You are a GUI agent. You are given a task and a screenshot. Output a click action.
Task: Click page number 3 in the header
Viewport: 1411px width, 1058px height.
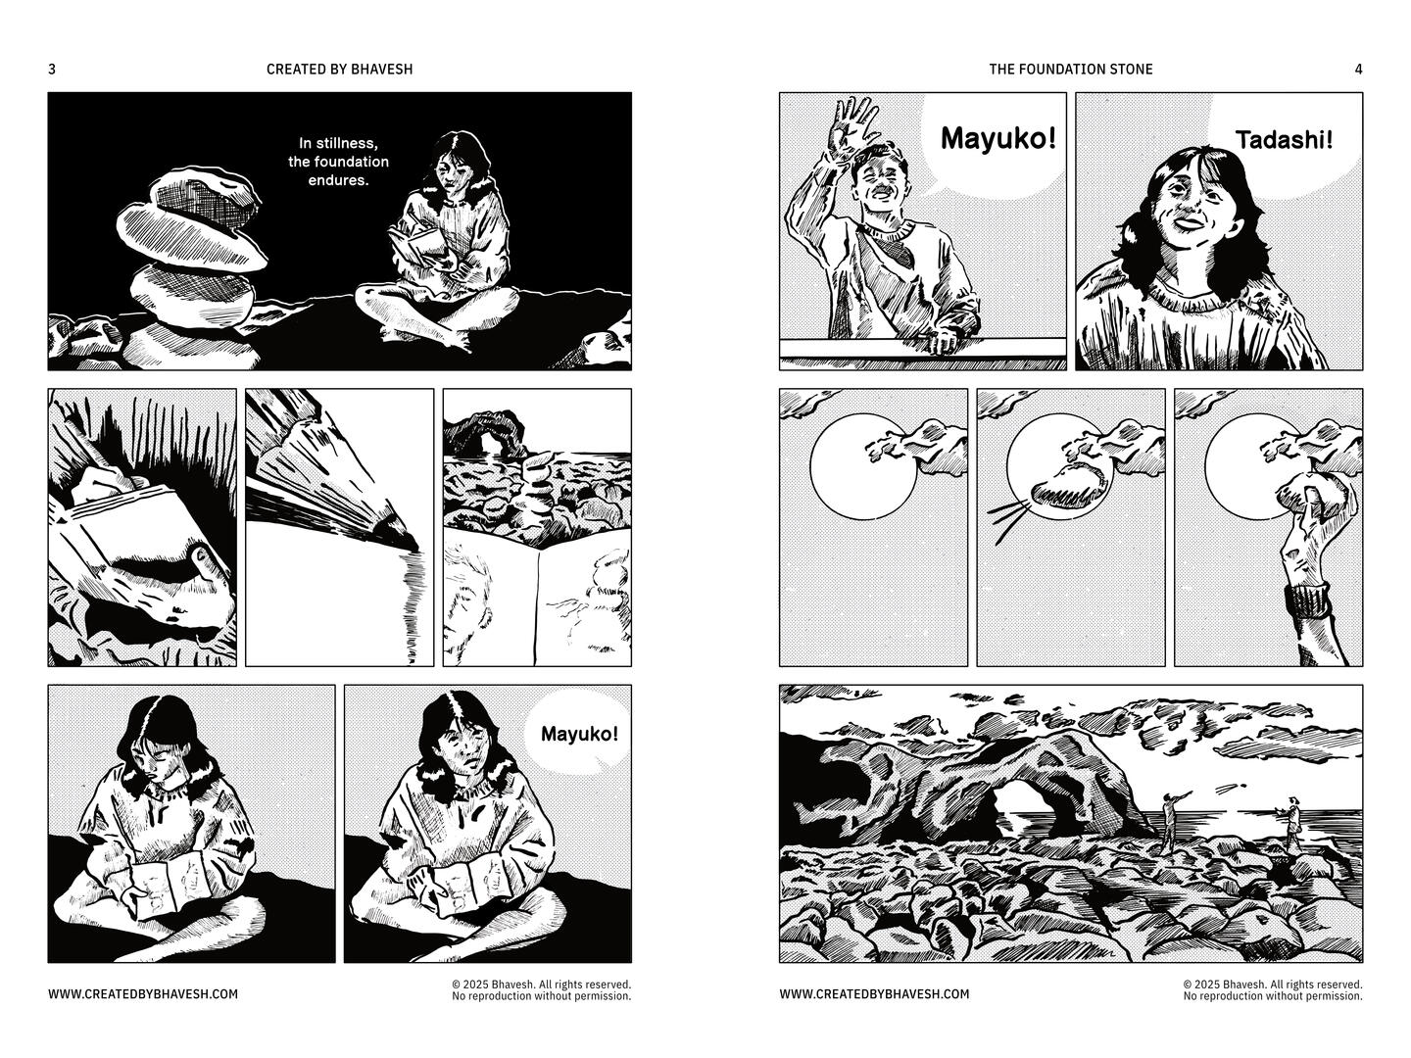pos(52,69)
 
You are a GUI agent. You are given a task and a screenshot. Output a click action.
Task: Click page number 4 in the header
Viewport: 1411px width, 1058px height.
pos(1358,69)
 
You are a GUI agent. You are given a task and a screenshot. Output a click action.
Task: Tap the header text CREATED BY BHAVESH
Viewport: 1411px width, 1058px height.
pos(339,69)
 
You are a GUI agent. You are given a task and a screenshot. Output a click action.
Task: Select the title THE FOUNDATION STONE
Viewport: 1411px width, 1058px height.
pos(1070,69)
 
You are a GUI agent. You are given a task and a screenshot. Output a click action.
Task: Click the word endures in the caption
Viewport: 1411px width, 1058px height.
pos(338,180)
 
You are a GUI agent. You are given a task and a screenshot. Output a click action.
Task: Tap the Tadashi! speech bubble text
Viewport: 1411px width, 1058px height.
pos(1284,139)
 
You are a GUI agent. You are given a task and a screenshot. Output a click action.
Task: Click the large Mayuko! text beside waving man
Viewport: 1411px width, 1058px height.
pos(997,138)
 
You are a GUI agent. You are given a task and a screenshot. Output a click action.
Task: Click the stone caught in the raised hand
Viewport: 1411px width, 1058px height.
pos(1311,495)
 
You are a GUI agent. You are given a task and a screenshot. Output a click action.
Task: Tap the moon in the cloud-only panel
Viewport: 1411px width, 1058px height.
pos(862,465)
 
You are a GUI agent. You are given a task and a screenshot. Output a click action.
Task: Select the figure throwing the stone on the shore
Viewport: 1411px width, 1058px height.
pos(1171,822)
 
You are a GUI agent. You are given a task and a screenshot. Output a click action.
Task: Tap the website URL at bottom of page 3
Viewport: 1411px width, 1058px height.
pos(143,993)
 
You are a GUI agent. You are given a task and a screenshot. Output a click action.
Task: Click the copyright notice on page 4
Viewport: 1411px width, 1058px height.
pos(1273,989)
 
